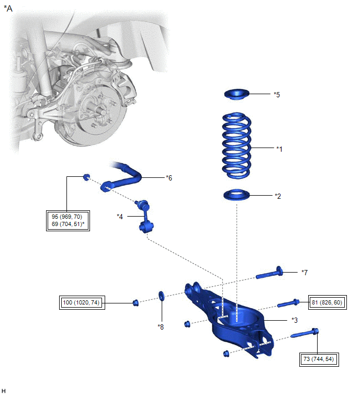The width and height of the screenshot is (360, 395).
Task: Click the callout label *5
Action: pos(277,95)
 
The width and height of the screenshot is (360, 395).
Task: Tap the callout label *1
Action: pos(279,149)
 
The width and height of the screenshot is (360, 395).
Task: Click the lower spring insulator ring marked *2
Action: pos(235,196)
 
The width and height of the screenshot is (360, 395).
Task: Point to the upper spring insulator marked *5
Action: pos(235,94)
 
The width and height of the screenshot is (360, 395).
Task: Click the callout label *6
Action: pos(168,178)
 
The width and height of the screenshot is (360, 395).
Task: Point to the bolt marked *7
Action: pos(269,273)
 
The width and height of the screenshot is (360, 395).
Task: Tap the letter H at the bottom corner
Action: pos(4,390)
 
